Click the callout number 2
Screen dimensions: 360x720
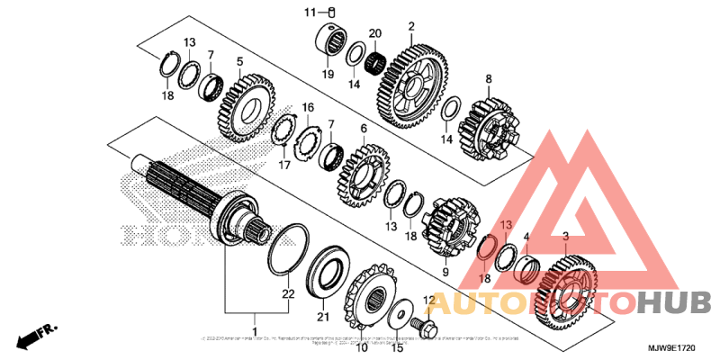tap(411, 27)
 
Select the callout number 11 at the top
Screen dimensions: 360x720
tap(309, 12)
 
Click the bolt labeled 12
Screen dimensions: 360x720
tap(419, 321)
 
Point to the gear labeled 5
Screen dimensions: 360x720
tap(244, 106)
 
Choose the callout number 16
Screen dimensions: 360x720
tap(308, 108)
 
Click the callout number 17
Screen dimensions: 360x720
tap(284, 165)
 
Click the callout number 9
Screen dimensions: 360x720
tap(444, 272)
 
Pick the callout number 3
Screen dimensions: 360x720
tap(565, 237)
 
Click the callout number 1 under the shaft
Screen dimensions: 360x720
tap(255, 318)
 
